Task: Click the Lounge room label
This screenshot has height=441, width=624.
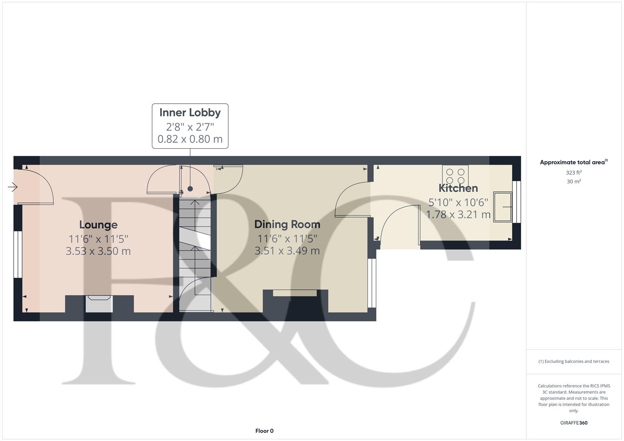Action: coord(98,225)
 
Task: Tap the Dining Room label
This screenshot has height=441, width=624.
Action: coord(287,225)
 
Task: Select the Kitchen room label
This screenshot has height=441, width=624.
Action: coord(458,188)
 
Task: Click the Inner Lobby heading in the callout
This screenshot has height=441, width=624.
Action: coord(190,113)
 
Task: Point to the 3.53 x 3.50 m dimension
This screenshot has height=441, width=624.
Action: coord(98,251)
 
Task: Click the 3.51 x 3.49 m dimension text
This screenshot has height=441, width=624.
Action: coord(287,251)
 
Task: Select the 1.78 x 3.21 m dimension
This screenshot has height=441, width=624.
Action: coord(458,215)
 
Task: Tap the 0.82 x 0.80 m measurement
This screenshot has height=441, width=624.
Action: coord(190,139)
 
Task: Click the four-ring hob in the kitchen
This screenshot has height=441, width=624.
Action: coord(455,176)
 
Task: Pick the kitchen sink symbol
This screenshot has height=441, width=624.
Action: coord(503,207)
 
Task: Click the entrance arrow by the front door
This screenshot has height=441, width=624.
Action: coord(13,187)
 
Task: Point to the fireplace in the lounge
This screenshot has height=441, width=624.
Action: coord(99,304)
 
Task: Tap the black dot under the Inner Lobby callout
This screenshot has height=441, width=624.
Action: coord(190,189)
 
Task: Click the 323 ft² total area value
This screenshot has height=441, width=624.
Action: coord(574,173)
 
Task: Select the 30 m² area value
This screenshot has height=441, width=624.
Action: coord(574,182)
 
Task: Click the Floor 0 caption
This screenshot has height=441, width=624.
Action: coord(264,431)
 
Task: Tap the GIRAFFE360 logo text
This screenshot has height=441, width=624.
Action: coord(574,423)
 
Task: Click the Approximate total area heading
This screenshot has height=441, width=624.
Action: coord(574,163)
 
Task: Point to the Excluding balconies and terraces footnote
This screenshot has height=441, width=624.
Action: coord(574,361)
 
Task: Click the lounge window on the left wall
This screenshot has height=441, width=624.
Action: coord(18,254)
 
